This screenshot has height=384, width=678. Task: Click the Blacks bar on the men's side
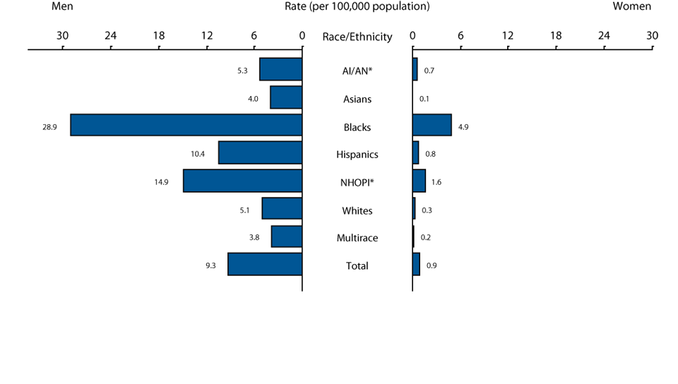pos(186,125)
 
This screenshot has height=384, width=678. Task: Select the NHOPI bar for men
pos(243,181)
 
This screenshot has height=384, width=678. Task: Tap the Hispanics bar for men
pos(261,152)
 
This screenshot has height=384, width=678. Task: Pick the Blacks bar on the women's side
pos(432,125)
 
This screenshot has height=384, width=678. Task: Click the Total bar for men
pos(265,264)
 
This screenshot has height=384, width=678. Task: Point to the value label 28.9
pos(49,127)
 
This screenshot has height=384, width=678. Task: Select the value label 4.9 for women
pos(463,127)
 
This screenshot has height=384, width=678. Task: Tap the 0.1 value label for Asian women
pos(424,100)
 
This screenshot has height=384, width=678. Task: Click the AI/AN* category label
pos(357,71)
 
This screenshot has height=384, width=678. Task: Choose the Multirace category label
pos(357,238)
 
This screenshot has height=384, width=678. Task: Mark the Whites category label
pos(357,210)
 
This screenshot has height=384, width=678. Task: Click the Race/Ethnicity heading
pos(357,37)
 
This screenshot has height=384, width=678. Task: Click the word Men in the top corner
pos(63,6)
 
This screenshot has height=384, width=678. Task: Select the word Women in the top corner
pos(632,6)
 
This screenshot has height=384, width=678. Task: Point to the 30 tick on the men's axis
pos(63,36)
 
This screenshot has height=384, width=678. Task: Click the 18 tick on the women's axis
pos(556,36)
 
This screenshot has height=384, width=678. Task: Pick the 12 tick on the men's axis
pos(206,36)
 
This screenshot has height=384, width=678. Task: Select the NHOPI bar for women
pos(419,181)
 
